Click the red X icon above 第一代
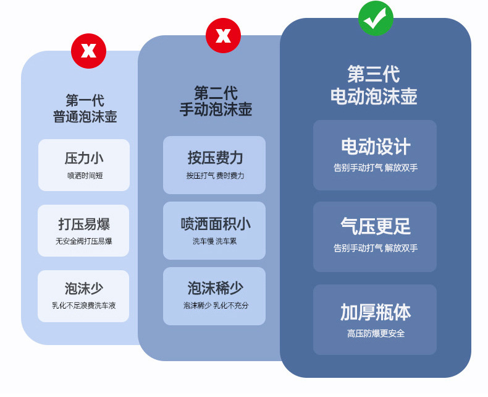click(88, 51)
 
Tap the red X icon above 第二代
click(223, 35)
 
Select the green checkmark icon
click(375, 19)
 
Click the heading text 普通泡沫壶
click(85, 116)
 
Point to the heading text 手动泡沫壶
click(216, 109)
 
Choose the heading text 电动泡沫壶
click(374, 96)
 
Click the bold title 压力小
click(84, 158)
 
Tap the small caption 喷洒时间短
click(85, 176)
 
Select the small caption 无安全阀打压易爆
click(84, 241)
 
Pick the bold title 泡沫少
click(84, 288)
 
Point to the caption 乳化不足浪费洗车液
click(84, 305)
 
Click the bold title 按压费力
click(215, 157)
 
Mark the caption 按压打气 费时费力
click(215, 176)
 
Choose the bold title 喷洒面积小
click(215, 223)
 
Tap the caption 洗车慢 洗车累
click(215, 241)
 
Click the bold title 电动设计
click(375, 147)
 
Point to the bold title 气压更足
click(375, 226)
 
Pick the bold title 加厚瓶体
click(375, 312)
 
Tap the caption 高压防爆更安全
click(375, 334)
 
